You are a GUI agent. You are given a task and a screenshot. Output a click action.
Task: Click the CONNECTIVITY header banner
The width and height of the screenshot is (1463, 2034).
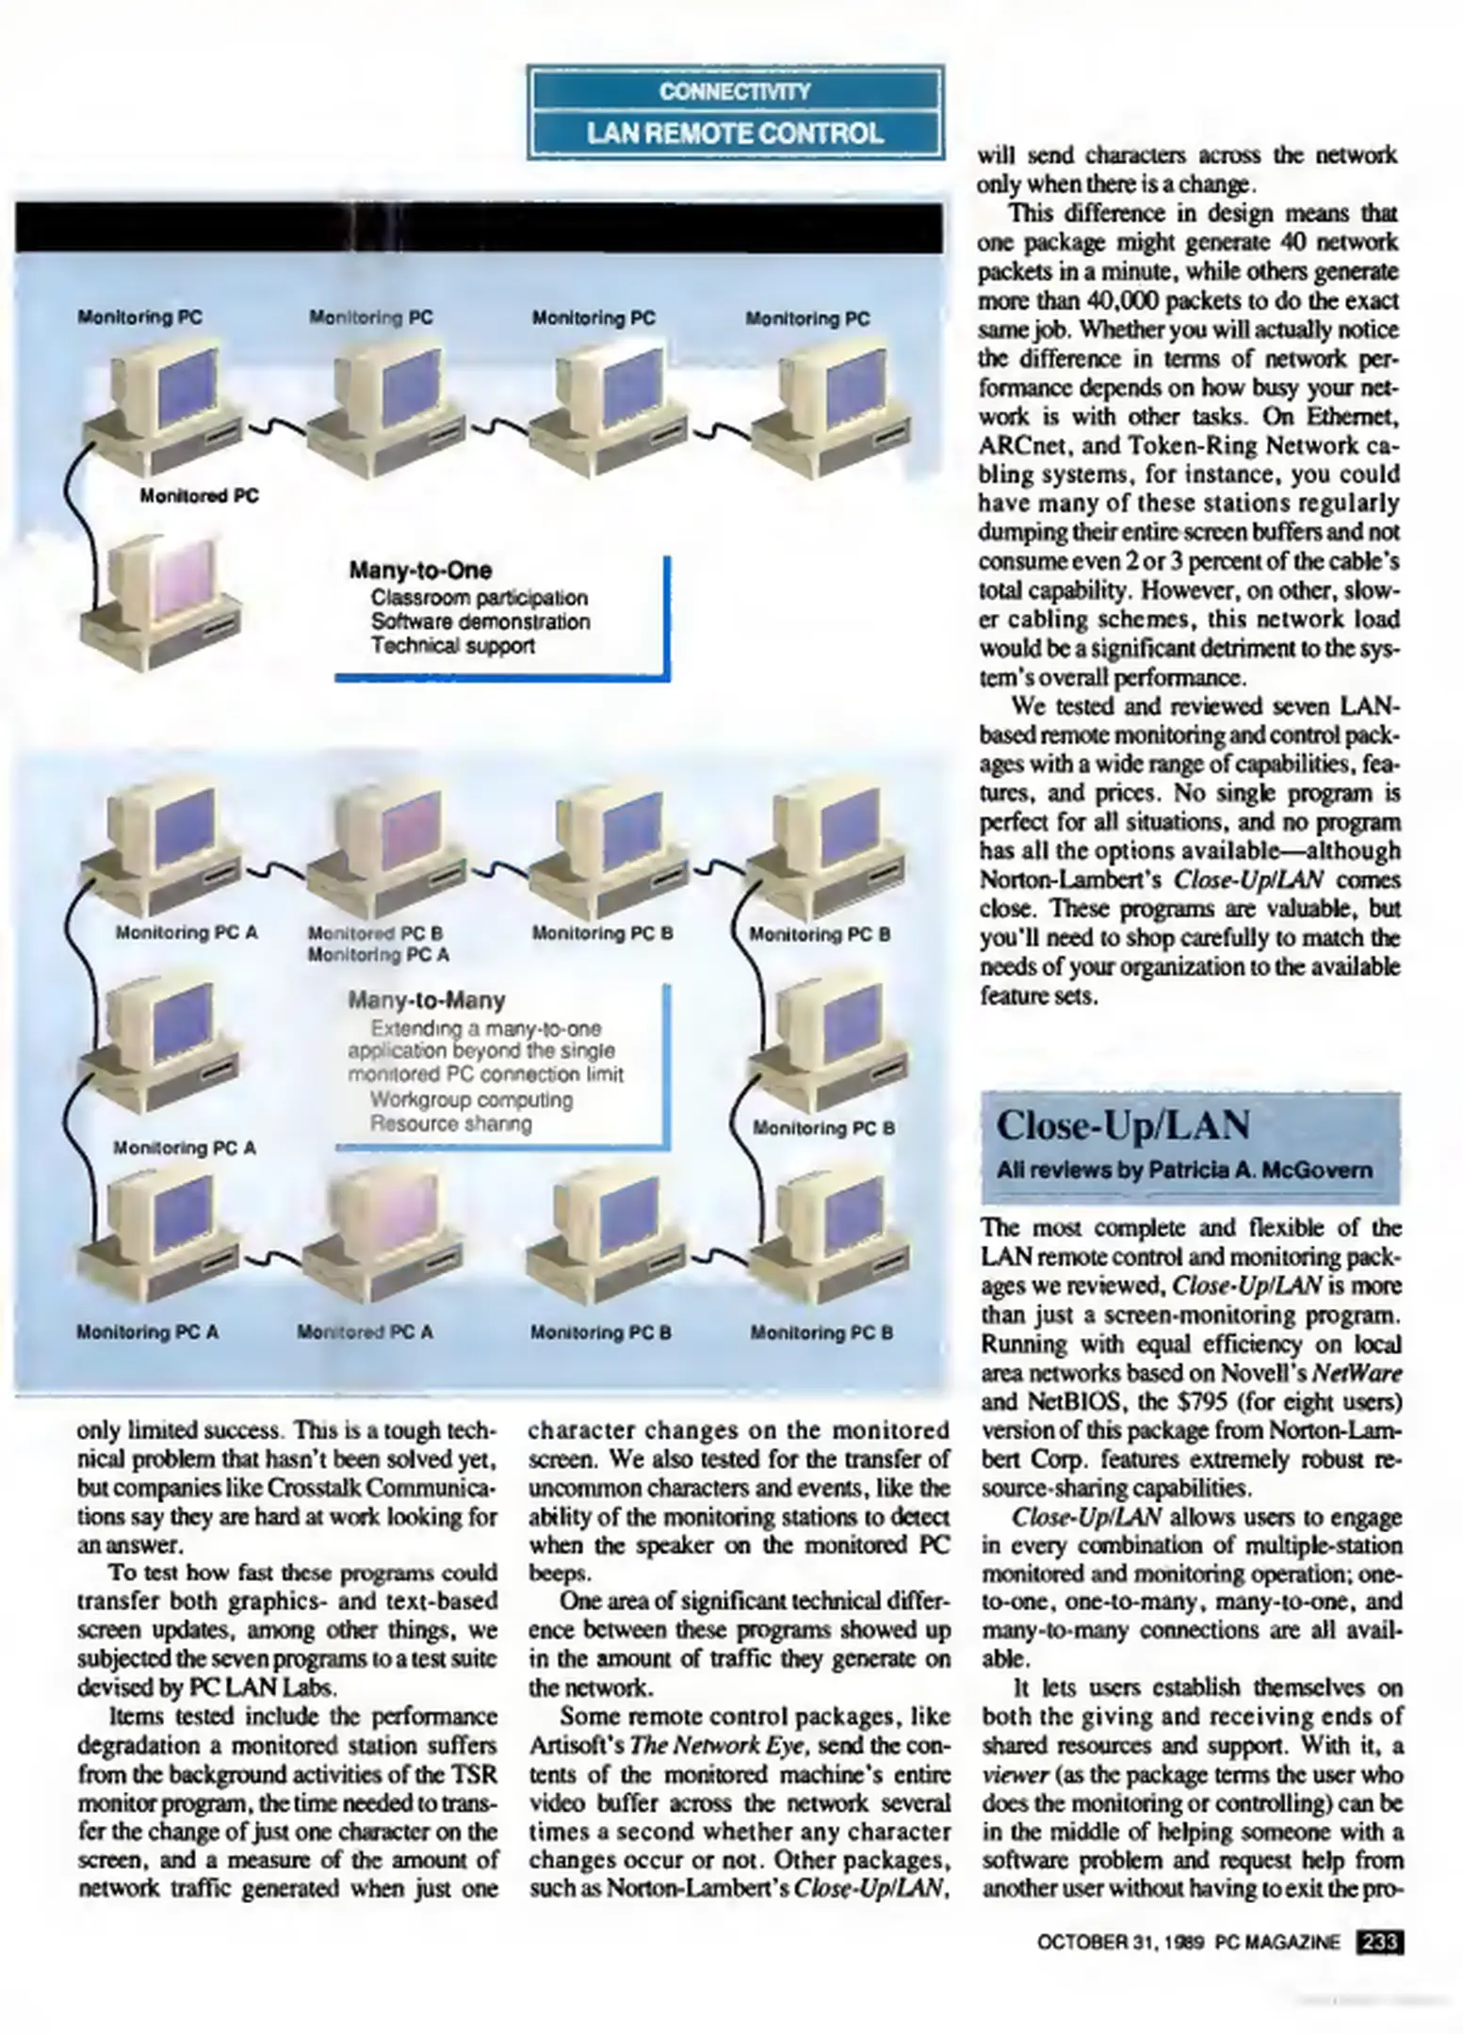pos(735,91)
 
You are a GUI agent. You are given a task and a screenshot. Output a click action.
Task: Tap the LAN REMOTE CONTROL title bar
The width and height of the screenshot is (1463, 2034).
pos(735,134)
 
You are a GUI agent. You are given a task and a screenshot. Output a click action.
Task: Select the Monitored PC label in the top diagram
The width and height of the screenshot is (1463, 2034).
pos(199,495)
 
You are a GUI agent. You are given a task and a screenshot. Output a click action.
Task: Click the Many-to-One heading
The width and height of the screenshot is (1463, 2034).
pos(420,570)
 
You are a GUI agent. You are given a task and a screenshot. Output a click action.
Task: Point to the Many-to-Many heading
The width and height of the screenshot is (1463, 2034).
pos(427,999)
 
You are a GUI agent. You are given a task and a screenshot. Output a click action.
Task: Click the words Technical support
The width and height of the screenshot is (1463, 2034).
pos(452,646)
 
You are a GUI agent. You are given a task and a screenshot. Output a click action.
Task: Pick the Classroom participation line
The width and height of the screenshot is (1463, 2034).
pos(479,598)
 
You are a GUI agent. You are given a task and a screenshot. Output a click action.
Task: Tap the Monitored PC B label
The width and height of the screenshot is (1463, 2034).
pos(375,934)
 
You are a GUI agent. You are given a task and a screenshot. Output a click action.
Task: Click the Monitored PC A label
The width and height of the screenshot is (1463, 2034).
pos(365,1332)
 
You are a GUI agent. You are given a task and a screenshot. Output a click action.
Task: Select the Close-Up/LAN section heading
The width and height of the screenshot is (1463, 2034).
pos(1123,1124)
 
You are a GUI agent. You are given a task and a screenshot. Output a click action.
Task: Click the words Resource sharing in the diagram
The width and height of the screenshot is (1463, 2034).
pos(450,1123)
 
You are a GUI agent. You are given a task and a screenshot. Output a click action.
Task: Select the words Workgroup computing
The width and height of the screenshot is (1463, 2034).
pos(471,1099)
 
